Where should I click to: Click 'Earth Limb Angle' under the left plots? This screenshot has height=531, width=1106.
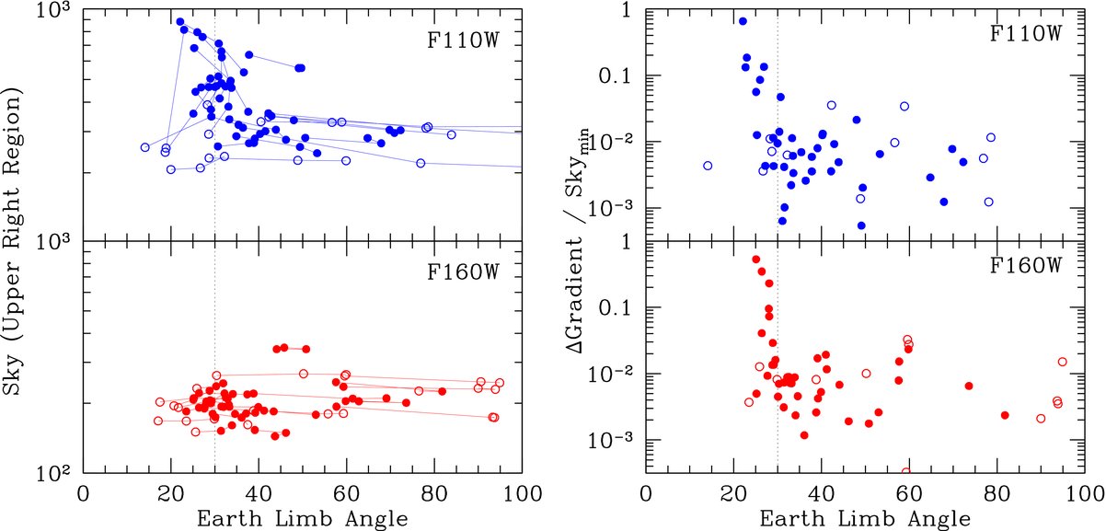coord(304,518)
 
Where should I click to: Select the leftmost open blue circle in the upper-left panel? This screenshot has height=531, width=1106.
coord(144,147)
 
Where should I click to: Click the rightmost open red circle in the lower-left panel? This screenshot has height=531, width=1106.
coord(500,383)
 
